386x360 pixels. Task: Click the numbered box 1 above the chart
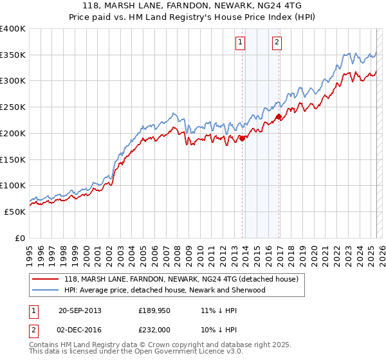[x=240, y=43]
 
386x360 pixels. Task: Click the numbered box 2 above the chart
[x=277, y=43]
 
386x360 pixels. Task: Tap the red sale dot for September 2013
[x=243, y=138]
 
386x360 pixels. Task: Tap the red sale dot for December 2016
[x=279, y=116]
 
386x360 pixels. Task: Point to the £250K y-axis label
[x=13, y=107]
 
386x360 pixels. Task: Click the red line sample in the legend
[x=46, y=280]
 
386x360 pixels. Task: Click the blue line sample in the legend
[x=46, y=291]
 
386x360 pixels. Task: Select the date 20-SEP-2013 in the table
[x=80, y=310]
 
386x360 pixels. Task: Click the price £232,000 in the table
[x=153, y=328]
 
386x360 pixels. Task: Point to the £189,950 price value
[x=153, y=310]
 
